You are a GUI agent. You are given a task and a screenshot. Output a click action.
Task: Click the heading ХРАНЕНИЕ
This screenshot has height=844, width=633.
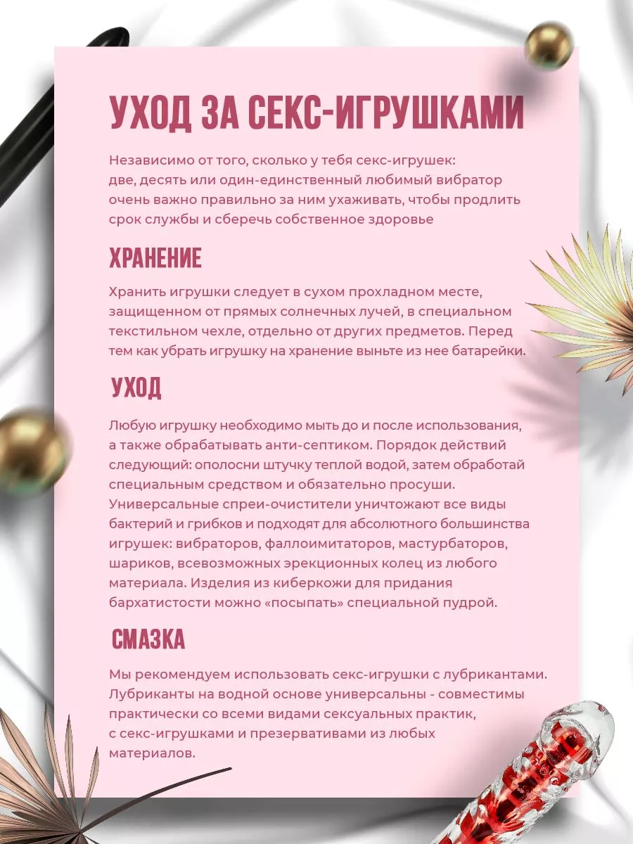click(155, 258)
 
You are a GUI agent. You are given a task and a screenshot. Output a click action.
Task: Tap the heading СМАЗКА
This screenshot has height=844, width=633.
click(148, 639)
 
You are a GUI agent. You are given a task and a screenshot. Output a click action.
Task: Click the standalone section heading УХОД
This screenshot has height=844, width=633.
click(136, 387)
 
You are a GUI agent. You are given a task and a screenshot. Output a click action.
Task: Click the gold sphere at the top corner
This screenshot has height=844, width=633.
click(549, 47)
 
